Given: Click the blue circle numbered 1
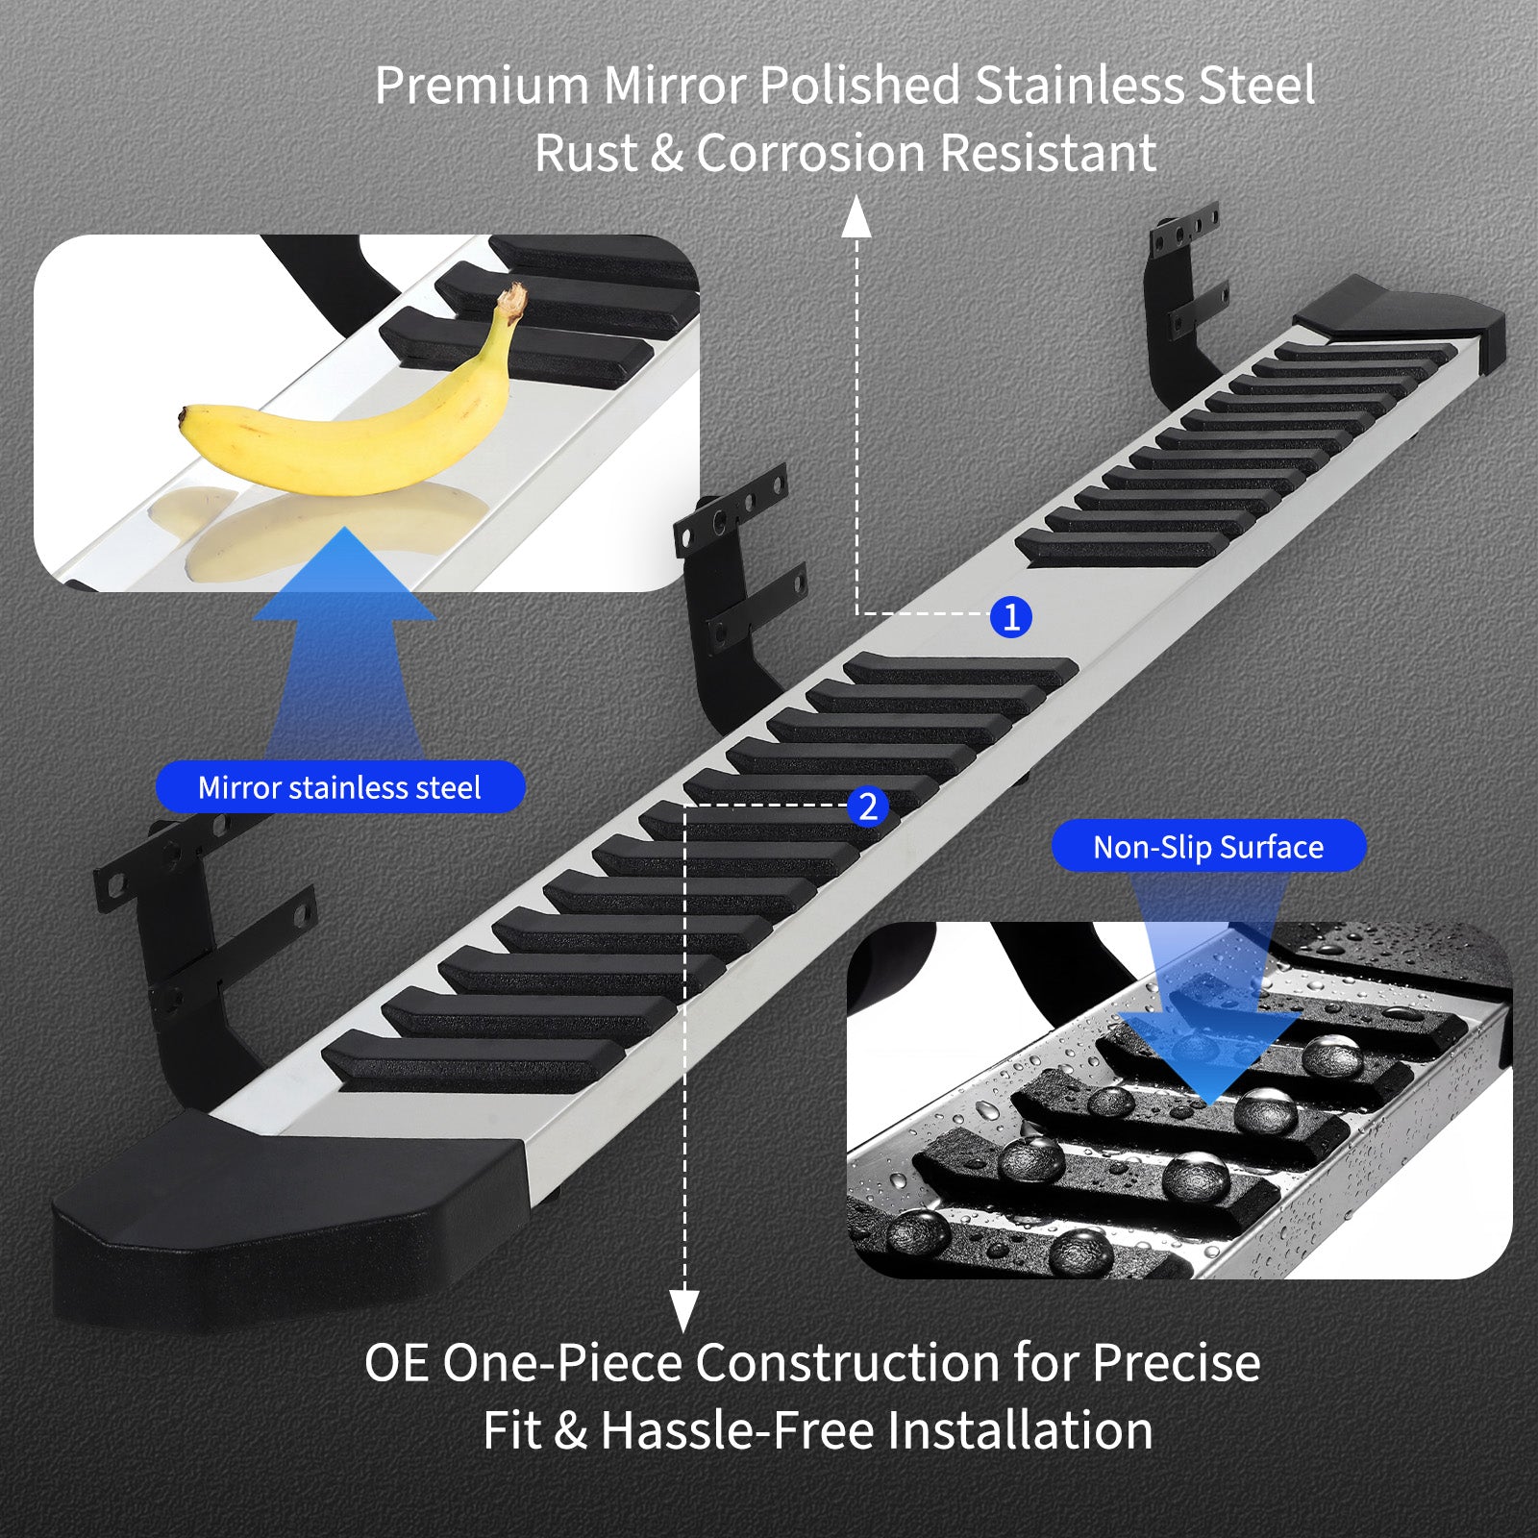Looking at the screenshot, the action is coord(1010,616).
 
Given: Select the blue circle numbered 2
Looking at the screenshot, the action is coord(868,806).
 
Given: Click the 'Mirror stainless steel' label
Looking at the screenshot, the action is coord(340,787).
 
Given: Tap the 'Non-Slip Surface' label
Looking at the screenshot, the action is coord(1208,846).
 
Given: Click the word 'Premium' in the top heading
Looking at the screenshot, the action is coord(482,87).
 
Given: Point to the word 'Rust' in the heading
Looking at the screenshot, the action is coord(585,154).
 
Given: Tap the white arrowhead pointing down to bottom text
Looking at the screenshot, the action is coord(683,1311).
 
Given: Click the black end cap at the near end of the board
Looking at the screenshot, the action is coord(288,1221).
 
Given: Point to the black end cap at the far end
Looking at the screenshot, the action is coord(1403,317).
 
